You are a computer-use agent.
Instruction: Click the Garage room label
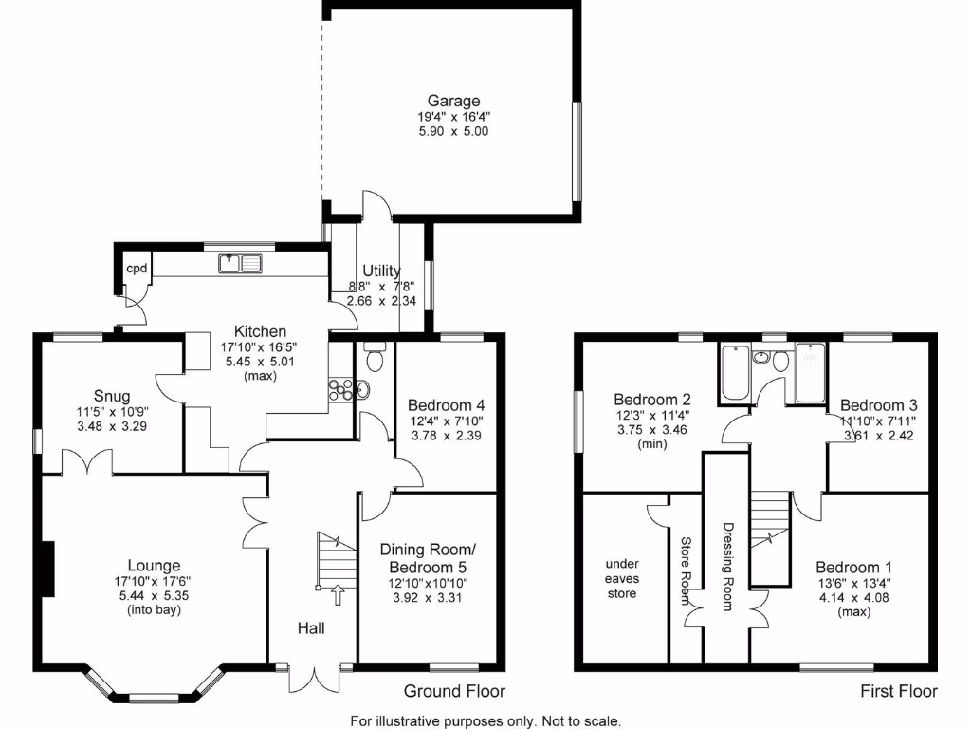click(453, 101)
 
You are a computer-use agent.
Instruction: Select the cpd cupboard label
click(137, 269)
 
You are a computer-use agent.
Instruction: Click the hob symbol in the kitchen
click(339, 388)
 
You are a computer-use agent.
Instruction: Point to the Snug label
click(112, 396)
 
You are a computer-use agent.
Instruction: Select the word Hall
click(312, 627)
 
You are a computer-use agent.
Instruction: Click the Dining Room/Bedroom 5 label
click(428, 557)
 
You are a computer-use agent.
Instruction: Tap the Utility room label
click(381, 271)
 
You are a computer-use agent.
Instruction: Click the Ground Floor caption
click(454, 691)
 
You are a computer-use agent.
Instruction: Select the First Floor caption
click(898, 691)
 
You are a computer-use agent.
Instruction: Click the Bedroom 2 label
click(651, 399)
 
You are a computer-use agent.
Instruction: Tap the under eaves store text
click(621, 578)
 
